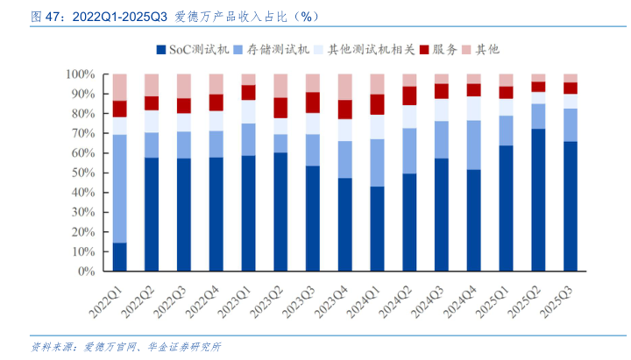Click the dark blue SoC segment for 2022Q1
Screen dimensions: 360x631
pos(120,257)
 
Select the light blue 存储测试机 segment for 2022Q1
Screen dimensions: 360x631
pos(120,188)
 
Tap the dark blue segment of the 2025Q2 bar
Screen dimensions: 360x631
pos(538,200)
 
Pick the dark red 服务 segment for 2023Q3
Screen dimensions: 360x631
pos(313,102)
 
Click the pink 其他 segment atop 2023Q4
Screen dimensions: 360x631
pos(345,87)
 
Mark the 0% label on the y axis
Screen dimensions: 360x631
pos(87,272)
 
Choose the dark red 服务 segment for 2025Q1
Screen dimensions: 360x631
pos(506,92)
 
